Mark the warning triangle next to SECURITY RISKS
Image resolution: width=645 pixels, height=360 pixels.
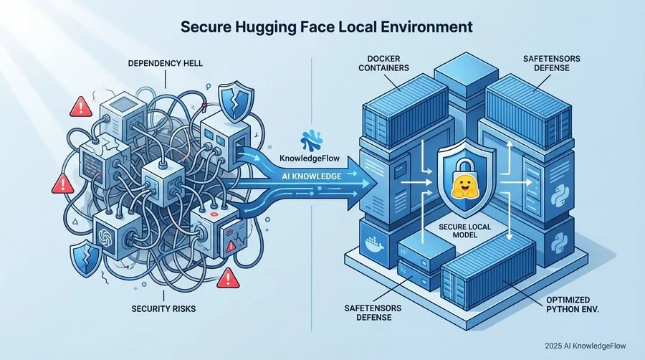pyautogui.click(x=227, y=277)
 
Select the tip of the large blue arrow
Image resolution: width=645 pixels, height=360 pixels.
pyautogui.click(x=373, y=184)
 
